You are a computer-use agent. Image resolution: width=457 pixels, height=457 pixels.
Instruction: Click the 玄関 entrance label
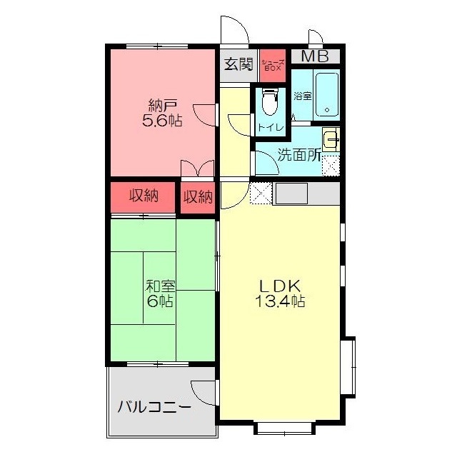point(238,64)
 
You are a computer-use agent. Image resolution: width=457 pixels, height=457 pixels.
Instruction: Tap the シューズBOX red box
point(273,66)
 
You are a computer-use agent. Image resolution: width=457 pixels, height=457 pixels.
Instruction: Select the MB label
point(315,56)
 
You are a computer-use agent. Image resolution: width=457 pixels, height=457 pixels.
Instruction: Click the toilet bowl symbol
point(269,102)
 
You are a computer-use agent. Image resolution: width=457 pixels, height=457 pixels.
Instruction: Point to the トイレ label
point(271,127)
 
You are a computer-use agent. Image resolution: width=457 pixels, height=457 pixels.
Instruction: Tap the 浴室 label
point(303,96)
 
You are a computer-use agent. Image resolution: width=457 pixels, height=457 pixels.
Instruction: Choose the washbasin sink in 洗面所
point(331,140)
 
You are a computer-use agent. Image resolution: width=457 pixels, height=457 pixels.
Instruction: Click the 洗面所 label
point(299,155)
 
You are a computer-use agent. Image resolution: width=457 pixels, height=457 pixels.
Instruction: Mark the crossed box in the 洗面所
point(331,166)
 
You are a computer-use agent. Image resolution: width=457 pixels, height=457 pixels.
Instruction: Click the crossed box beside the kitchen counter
point(261,194)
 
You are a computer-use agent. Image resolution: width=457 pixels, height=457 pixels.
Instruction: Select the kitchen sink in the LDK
point(292,194)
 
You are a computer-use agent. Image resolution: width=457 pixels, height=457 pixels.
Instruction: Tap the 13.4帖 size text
point(280,301)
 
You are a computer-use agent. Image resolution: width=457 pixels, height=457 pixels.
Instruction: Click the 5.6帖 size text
point(162,120)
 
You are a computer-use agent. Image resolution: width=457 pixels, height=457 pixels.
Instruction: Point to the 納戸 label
point(163,106)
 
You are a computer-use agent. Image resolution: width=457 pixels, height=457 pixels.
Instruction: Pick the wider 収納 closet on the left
point(143,197)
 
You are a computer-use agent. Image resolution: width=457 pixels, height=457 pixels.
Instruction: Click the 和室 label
point(160,286)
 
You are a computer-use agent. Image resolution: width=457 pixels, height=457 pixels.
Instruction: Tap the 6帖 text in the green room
point(160,301)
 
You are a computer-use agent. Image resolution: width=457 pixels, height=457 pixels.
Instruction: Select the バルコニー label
point(154,406)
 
